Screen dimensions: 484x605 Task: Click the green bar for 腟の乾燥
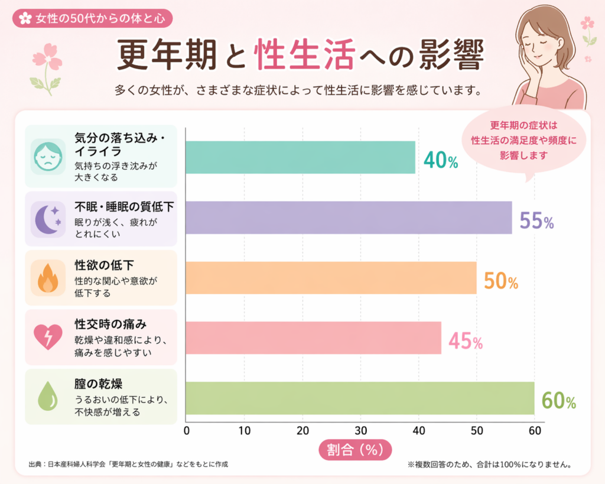pos(360,398)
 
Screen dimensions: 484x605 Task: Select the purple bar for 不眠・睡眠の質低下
pos(349,217)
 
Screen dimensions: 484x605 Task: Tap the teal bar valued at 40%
pos(300,157)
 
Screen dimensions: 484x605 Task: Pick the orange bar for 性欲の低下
pos(331,278)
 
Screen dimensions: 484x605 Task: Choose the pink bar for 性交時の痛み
pos(313,337)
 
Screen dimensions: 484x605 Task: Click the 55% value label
pos(536,221)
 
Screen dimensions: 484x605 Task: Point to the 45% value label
pos(466,340)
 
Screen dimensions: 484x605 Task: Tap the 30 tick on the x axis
pos(360,430)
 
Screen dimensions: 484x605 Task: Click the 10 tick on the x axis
pos(244,430)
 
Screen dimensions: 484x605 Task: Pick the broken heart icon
pos(45,337)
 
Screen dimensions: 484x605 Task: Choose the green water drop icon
pos(47,397)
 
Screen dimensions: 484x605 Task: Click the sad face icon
pos(47,156)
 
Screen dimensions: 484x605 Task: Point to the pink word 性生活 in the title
pos(304,56)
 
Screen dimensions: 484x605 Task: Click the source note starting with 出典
pos(128,464)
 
